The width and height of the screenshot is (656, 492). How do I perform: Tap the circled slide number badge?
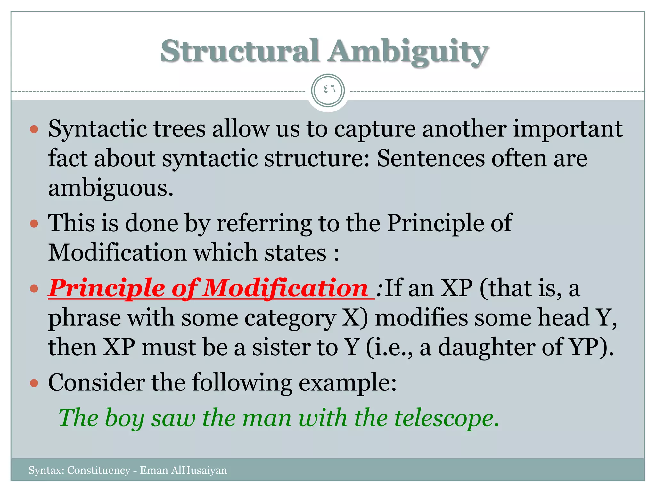[328, 91]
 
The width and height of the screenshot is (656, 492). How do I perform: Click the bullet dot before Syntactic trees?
[34, 130]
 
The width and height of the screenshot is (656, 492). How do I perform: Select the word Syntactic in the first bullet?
[97, 129]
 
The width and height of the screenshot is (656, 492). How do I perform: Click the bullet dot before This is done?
[34, 223]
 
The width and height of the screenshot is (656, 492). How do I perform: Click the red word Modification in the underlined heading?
[285, 288]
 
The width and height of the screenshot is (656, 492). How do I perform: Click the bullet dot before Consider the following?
[34, 383]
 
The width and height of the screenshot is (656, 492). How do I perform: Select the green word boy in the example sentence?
[125, 418]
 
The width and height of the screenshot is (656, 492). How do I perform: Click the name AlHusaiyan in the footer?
[199, 470]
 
